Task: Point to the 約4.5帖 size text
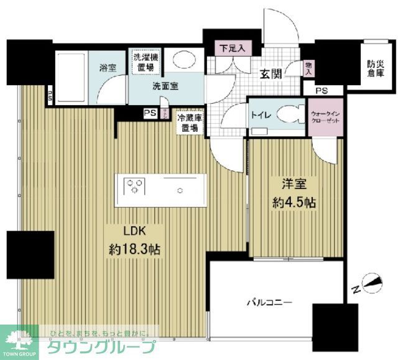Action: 295,203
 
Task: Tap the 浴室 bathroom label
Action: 108,68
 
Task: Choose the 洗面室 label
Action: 165,87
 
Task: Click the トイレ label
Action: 259,114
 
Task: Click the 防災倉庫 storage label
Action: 374,68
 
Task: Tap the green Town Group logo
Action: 19,342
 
